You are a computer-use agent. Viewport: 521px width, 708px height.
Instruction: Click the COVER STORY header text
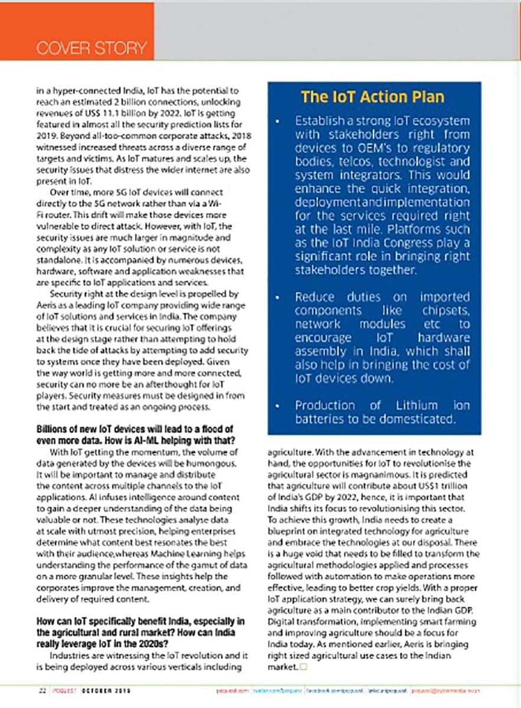[91, 48]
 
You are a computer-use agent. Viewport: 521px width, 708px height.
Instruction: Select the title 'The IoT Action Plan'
[373, 97]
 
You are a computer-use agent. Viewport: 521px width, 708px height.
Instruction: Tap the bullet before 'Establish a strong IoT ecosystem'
[277, 122]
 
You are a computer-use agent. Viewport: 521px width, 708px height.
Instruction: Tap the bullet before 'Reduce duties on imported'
[277, 297]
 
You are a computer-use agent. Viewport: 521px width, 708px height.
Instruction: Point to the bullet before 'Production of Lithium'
[277, 406]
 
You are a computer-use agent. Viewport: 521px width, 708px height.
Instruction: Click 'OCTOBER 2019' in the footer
[106, 691]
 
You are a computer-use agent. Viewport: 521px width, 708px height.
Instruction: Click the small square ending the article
[303, 667]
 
